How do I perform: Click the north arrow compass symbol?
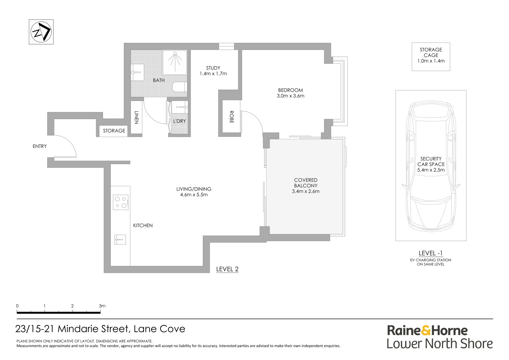click(41, 32)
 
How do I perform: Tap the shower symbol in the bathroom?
click(175, 63)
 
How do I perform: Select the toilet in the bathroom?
click(180, 87)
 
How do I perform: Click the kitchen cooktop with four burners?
click(121, 202)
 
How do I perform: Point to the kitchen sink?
click(120, 239)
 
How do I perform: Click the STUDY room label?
click(213, 68)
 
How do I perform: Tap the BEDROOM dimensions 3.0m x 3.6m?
click(290, 96)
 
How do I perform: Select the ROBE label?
click(231, 117)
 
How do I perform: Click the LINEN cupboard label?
click(136, 117)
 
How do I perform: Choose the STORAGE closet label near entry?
click(114, 131)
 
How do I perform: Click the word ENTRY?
click(40, 146)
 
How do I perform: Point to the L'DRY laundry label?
click(180, 121)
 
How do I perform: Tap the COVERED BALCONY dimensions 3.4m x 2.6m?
click(305, 191)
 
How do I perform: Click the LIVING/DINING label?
click(194, 189)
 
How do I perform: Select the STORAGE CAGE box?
click(431, 57)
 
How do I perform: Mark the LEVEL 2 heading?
click(227, 269)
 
